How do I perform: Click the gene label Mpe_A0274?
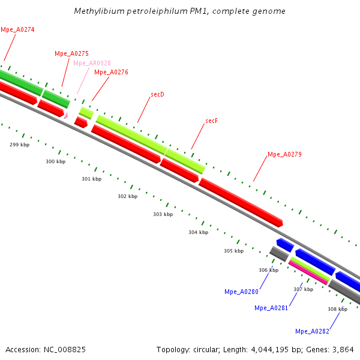[17, 29]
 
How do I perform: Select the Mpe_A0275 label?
[71, 53]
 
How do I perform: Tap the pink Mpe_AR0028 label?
[92, 63]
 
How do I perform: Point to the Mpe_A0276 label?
[111, 72]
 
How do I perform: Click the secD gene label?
[158, 94]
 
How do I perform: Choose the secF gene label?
[211, 121]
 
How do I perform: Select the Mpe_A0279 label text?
[284, 154]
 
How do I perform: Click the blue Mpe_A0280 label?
[241, 292]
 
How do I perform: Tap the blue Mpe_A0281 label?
[271, 308]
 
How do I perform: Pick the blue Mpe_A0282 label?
[312, 331]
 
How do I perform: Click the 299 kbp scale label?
[19, 145]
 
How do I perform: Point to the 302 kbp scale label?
[127, 196]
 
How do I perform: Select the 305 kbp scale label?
[233, 251]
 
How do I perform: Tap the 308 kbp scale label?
[337, 309]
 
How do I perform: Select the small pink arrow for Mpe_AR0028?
[66, 114]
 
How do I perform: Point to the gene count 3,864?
[342, 349]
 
